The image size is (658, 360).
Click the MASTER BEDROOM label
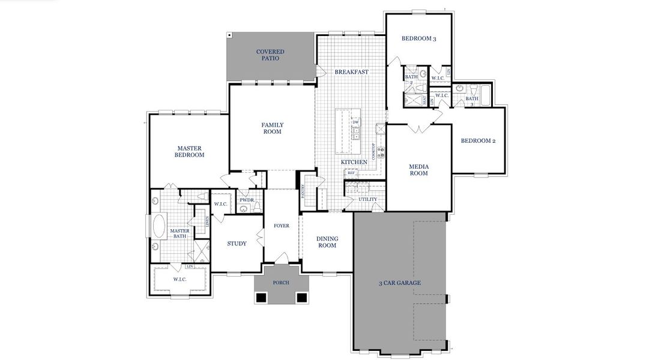[189, 151]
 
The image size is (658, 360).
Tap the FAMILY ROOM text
[272, 128]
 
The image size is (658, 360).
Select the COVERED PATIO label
[270, 55]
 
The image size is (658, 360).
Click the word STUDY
[237, 244]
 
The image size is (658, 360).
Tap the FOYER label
[281, 226]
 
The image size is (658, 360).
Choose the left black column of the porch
[261, 298]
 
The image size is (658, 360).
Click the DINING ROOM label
[327, 242]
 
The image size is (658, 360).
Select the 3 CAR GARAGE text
[399, 283]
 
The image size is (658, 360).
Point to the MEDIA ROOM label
[418, 170]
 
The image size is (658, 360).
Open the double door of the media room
[418, 128]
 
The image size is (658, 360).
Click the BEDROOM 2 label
[478, 141]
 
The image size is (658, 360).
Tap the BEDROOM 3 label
[418, 39]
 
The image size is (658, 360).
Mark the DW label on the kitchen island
[355, 122]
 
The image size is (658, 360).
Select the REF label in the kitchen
[351, 173]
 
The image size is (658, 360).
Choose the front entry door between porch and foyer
[281, 259]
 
